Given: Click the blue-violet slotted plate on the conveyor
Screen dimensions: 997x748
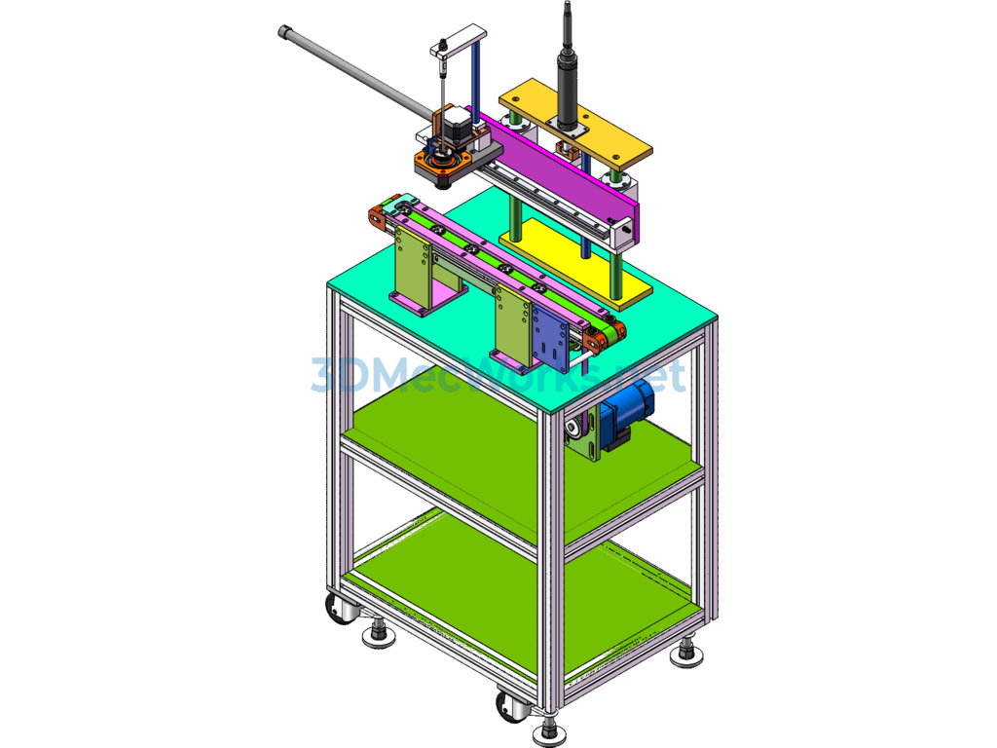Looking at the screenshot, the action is [x=551, y=338].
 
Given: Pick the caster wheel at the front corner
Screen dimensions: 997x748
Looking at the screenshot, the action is [x=510, y=707].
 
